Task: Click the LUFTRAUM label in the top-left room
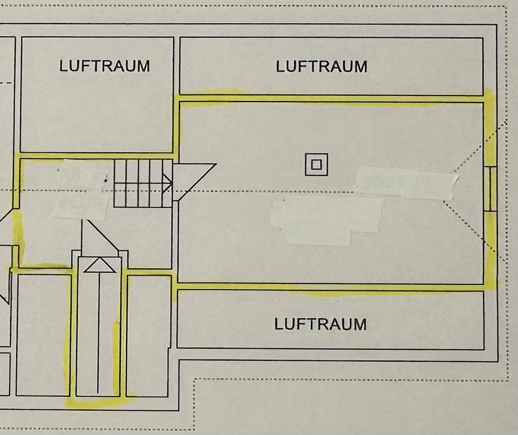point(105,66)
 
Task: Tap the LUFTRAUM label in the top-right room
point(322,66)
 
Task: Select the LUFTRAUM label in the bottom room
point(321,324)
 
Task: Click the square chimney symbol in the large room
point(316,164)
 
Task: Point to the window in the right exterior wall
point(491,188)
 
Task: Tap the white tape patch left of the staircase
point(81,189)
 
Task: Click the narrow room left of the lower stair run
point(43,335)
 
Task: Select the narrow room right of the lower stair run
point(148,335)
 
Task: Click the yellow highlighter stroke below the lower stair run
point(94,402)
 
